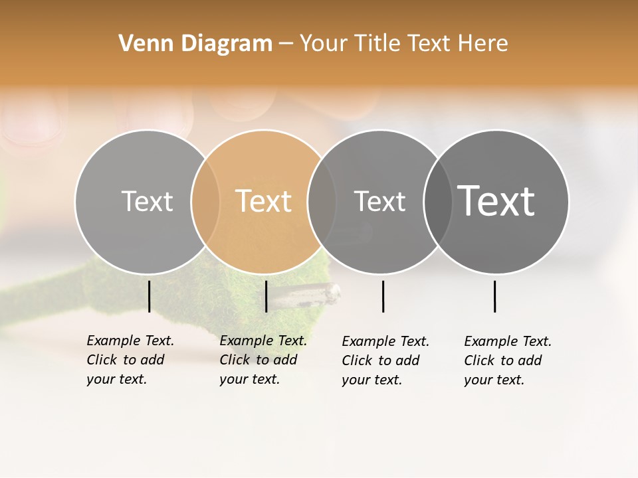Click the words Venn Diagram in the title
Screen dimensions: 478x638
(x=195, y=44)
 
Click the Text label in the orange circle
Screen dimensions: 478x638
(x=264, y=201)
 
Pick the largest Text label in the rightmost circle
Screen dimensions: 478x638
(x=496, y=201)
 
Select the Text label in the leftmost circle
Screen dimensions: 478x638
(x=147, y=201)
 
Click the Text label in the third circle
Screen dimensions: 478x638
(x=379, y=201)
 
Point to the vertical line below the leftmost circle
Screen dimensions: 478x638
(x=150, y=296)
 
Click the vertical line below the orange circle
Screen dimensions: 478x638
(x=266, y=296)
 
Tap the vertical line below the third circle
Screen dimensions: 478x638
(x=383, y=296)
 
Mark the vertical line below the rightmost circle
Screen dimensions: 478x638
(x=495, y=296)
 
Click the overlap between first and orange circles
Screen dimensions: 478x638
(x=205, y=201)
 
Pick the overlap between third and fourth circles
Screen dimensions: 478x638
(x=438, y=201)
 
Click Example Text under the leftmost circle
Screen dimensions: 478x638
(x=130, y=341)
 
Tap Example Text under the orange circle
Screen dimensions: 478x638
(x=263, y=341)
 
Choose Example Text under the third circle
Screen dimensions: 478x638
(x=385, y=341)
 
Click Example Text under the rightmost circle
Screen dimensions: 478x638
(x=508, y=341)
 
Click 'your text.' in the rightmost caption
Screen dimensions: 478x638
(x=494, y=380)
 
